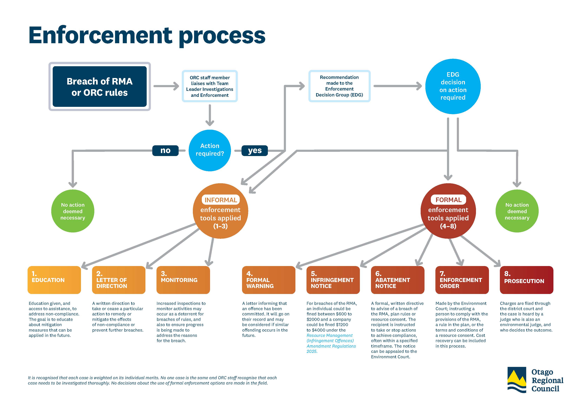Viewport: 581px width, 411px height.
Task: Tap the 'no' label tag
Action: coord(165,150)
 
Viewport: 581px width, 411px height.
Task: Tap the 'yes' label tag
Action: coord(254,150)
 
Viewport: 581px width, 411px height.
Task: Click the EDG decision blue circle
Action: coord(453,86)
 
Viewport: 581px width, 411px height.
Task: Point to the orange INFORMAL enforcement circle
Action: coord(220,211)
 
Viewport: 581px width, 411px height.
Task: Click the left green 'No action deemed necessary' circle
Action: coord(73,211)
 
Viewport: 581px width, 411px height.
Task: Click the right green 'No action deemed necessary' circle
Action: coord(517,211)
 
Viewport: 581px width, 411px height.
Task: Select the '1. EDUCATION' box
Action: coord(54,280)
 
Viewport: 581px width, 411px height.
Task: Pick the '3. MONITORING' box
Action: coord(183,280)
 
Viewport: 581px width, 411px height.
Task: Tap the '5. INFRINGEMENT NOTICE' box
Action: coord(333,280)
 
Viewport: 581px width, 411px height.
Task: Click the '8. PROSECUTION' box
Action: coord(526,280)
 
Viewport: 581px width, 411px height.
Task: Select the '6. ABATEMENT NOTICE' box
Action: coord(397,280)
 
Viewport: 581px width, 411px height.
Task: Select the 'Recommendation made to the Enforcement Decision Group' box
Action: coord(339,86)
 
